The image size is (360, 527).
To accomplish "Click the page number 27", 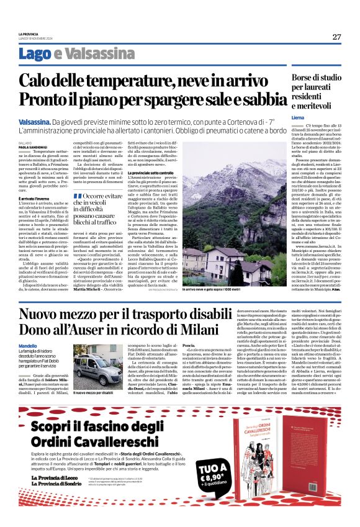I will [336, 37].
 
